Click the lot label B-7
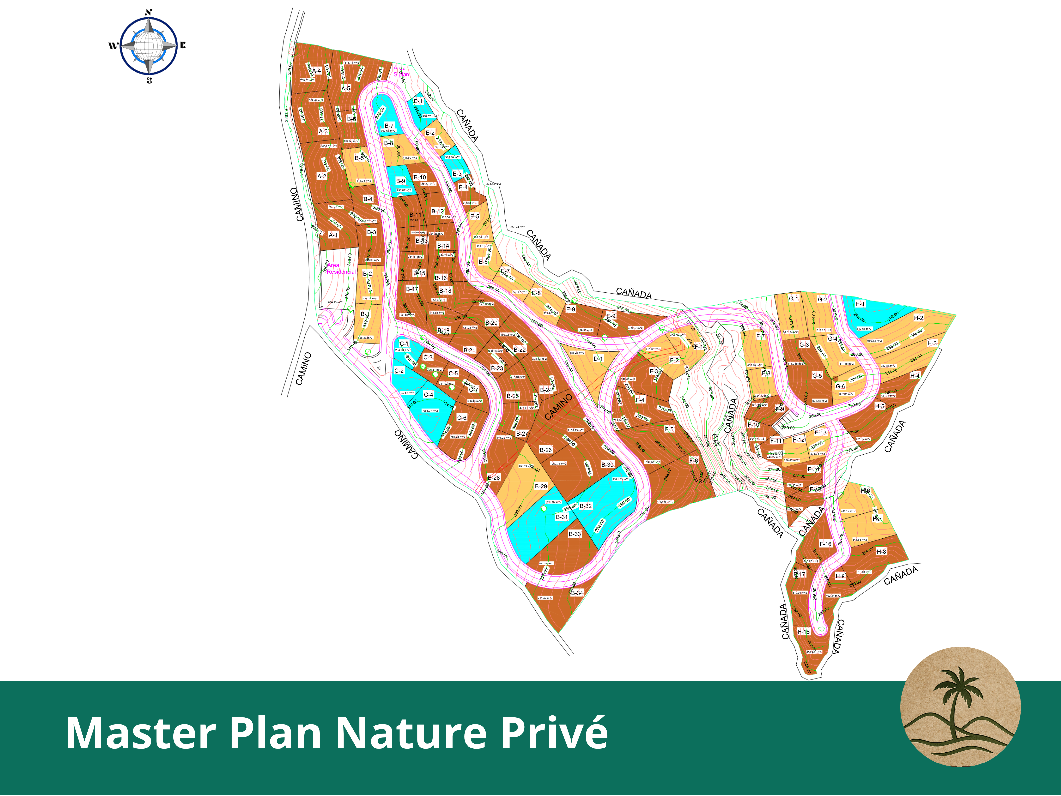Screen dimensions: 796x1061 389,126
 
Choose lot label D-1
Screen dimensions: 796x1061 598,359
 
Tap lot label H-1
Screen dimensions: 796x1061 860,304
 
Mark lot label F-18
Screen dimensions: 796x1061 804,632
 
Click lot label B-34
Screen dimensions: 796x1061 577,593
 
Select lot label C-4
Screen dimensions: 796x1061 428,395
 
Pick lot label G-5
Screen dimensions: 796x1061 817,376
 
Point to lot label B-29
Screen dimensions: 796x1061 541,486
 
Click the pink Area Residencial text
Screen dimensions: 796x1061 341,268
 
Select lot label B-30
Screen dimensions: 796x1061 607,464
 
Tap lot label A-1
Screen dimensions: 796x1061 333,235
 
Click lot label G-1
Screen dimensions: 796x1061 794,298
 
